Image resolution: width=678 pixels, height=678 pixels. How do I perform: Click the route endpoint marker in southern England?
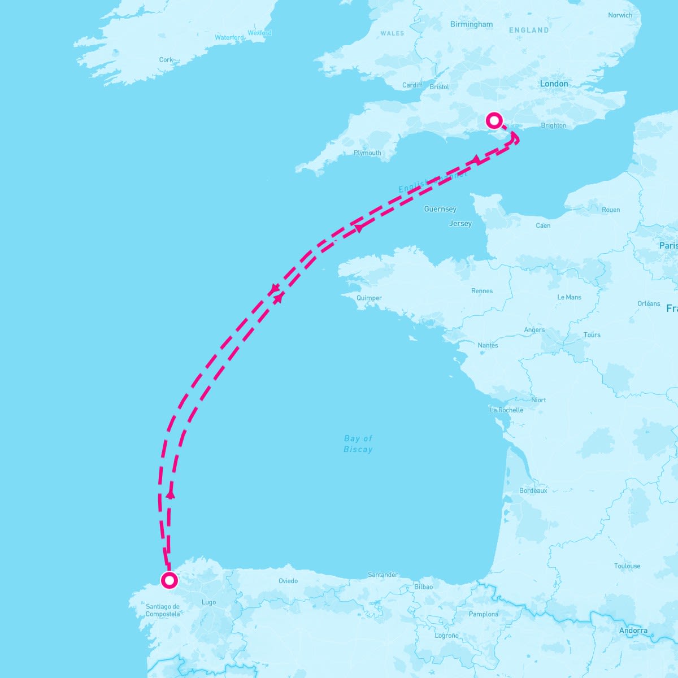494,120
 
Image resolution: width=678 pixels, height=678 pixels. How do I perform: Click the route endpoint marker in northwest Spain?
169,580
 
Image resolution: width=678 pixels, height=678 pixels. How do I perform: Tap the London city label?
554,84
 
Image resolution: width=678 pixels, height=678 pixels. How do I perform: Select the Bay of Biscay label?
358,444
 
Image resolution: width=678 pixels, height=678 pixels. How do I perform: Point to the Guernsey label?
440,209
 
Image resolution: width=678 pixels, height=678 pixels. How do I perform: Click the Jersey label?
460,224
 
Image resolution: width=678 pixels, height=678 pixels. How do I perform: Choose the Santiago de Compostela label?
163,610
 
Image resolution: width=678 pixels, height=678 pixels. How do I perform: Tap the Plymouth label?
367,153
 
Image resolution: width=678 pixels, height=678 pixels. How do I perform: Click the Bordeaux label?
533,491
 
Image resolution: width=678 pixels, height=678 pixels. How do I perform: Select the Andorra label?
633,631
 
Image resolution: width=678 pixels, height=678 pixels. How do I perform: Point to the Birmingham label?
471,24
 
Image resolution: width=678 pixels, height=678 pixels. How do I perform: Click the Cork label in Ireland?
166,59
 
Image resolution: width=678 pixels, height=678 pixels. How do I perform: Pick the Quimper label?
370,298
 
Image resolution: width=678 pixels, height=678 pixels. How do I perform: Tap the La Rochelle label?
506,410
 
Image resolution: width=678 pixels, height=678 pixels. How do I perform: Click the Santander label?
383,575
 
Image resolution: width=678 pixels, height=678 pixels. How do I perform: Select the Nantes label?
488,345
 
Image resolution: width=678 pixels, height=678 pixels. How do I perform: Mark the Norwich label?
620,15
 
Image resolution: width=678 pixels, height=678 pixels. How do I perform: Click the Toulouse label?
627,566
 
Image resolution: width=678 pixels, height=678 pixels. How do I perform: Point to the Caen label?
543,225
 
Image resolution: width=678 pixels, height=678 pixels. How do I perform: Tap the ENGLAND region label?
529,30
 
